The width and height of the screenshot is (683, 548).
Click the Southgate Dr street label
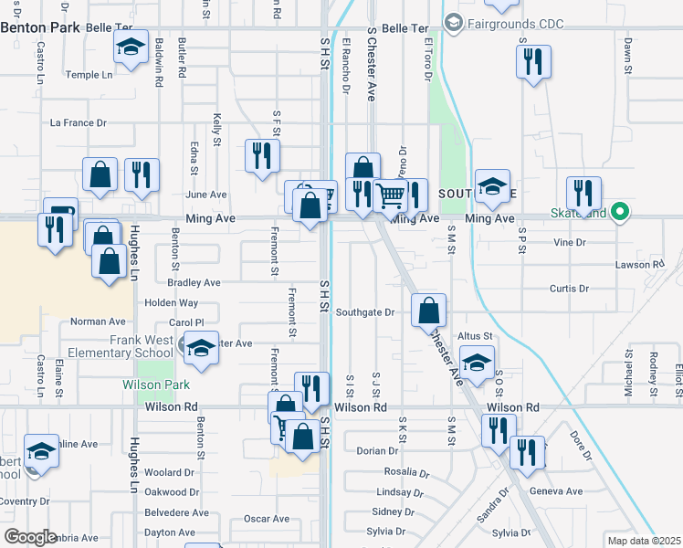coord(364,312)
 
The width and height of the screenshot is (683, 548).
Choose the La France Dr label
coord(79,122)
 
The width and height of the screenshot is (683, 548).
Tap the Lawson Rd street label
coord(645,265)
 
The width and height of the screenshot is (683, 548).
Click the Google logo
coord(30,537)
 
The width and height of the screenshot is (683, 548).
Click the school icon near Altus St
coord(476,363)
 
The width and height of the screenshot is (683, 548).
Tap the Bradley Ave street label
coord(194,283)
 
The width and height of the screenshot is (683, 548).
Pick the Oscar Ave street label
coord(267,519)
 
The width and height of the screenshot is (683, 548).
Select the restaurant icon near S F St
coord(262,156)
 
